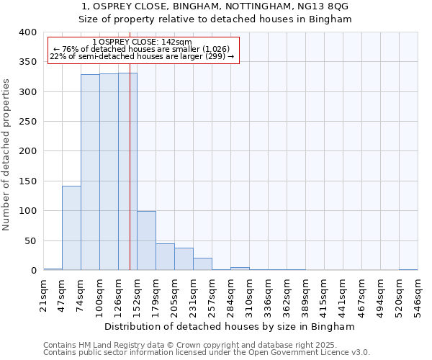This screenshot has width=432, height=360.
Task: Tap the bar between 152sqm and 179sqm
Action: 146,240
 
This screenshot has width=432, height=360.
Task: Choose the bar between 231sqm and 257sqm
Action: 202,264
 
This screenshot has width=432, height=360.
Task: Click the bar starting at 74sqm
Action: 90,172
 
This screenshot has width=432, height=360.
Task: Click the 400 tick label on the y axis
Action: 27,32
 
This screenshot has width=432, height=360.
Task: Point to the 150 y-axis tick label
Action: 27,181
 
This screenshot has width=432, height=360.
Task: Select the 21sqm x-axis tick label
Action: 43,297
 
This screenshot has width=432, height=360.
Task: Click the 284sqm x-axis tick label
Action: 230,297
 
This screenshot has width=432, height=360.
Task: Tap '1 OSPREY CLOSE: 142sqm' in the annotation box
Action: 143,42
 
